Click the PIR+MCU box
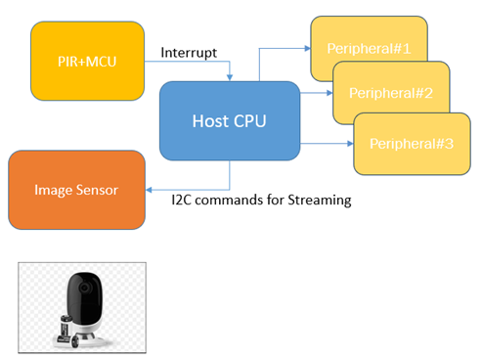[x=87, y=61]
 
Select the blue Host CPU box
[x=230, y=120]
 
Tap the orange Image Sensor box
[x=76, y=190]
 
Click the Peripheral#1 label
[x=369, y=49]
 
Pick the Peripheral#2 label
[x=391, y=93]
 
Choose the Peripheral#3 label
[x=412, y=144]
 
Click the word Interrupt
[x=189, y=53]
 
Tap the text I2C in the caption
[x=181, y=200]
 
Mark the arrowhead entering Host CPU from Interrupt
[x=230, y=77]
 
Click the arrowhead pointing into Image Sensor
[x=149, y=190]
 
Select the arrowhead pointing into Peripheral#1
[x=307, y=48]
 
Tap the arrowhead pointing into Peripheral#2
[x=329, y=93]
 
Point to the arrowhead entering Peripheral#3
[x=350, y=143]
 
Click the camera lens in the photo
[x=85, y=288]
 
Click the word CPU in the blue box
[x=250, y=121]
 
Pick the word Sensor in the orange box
[x=97, y=190]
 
